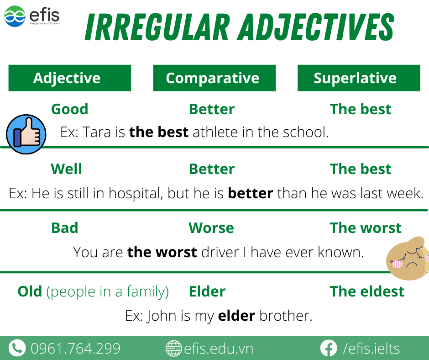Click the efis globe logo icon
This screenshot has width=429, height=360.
[x=15, y=16]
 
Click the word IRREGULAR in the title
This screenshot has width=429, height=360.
[x=157, y=27]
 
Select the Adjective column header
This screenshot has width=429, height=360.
[x=70, y=78]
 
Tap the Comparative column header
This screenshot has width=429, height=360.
[x=214, y=78]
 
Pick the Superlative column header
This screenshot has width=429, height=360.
[x=359, y=78]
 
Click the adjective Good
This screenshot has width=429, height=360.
[x=70, y=109]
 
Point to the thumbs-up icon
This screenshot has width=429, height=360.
[x=26, y=134]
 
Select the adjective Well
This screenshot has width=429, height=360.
[x=67, y=169]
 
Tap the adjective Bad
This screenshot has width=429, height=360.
[x=65, y=228]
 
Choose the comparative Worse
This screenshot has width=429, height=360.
[x=211, y=228]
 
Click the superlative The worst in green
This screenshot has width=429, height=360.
[x=366, y=228]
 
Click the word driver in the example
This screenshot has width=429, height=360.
[x=220, y=252]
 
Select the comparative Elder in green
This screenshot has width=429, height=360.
[x=207, y=291]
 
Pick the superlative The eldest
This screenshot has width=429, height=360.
[x=367, y=291]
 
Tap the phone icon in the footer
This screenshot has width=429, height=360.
[x=17, y=348]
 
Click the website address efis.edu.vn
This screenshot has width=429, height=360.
[x=219, y=349]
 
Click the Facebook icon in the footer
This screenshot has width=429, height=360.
[x=328, y=348]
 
